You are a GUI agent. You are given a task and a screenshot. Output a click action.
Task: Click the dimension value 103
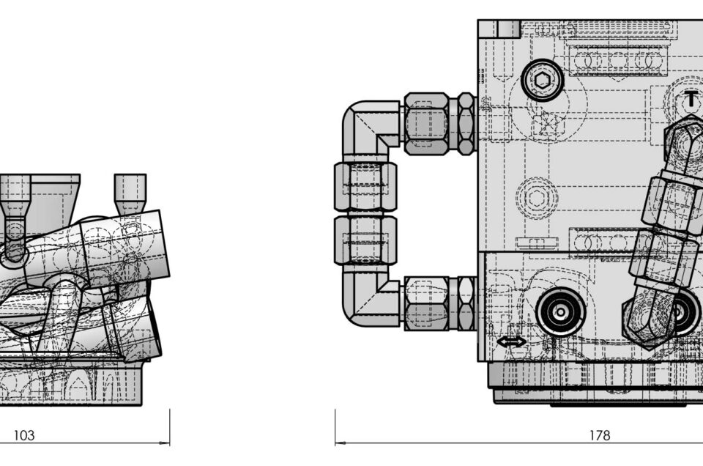click(23, 435)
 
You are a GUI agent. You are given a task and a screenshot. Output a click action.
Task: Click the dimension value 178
click(600, 435)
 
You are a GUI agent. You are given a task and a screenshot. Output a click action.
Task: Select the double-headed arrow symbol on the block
click(512, 342)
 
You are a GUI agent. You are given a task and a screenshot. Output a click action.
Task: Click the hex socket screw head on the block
click(543, 81)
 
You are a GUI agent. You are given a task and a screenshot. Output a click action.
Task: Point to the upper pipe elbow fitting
click(371, 128)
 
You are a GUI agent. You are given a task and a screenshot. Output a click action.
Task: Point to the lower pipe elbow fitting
click(371, 297)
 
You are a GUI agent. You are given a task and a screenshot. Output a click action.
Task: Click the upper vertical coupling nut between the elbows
click(365, 187)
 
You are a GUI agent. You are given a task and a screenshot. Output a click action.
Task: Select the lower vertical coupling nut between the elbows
click(365, 240)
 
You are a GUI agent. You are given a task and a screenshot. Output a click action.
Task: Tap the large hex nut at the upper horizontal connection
click(426, 123)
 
